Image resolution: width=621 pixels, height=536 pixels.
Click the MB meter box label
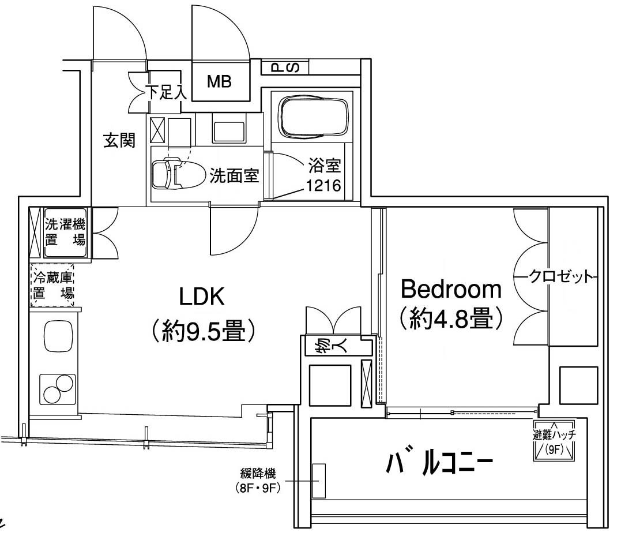(x=219, y=82)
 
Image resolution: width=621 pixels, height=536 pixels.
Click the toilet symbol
(x=173, y=173)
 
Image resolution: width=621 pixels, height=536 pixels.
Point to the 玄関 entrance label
(x=119, y=140)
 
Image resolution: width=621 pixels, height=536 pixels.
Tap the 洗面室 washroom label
(x=234, y=175)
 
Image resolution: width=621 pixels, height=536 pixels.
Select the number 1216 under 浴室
(x=323, y=186)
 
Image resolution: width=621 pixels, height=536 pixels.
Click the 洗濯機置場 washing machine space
(x=65, y=232)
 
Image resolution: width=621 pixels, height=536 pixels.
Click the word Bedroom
(x=451, y=288)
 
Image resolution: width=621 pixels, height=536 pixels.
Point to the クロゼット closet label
(x=560, y=277)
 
